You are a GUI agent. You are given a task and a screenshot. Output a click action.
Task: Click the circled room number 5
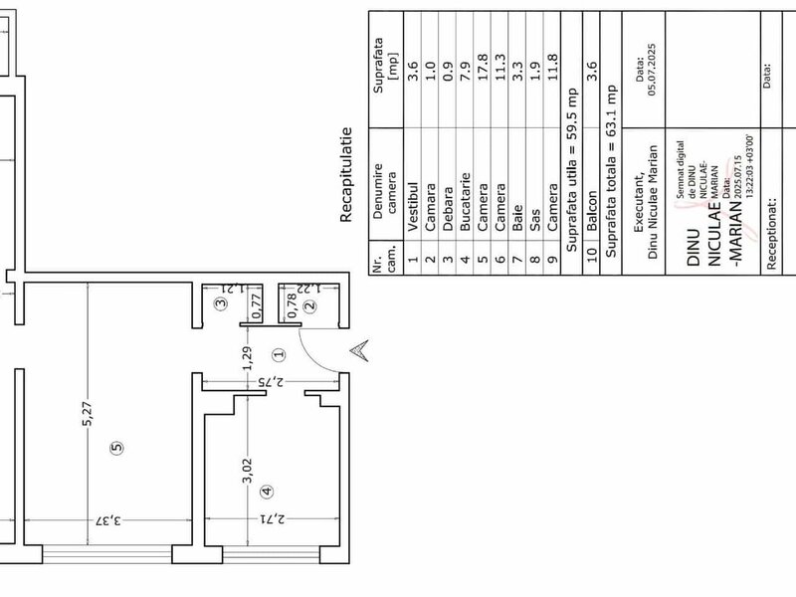(116, 447)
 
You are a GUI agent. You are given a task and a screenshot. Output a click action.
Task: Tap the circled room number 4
(267, 491)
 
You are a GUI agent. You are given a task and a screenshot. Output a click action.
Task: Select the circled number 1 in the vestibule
(280, 354)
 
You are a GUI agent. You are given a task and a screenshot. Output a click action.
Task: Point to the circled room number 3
(221, 303)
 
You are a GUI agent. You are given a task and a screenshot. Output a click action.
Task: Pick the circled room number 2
(309, 305)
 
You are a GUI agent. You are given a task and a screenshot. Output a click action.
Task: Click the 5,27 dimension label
(88, 413)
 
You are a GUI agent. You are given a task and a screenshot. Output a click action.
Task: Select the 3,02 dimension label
(247, 471)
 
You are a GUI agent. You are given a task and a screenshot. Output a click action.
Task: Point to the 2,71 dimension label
(273, 519)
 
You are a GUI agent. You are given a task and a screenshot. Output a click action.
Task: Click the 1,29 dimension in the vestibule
(247, 358)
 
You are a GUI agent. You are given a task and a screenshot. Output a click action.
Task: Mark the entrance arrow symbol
(359, 350)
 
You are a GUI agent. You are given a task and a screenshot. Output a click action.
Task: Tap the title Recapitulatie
(345, 175)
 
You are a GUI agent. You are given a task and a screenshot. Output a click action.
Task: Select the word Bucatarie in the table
(465, 202)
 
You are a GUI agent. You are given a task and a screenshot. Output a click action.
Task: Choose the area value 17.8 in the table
(483, 67)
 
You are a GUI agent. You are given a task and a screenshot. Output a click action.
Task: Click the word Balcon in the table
(591, 211)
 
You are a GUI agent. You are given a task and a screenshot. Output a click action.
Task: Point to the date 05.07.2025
(652, 69)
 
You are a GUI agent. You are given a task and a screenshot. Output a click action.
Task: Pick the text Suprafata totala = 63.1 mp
(611, 170)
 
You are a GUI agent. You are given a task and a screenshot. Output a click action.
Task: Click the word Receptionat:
(771, 234)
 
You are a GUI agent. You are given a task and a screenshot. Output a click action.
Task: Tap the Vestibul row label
(413, 207)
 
